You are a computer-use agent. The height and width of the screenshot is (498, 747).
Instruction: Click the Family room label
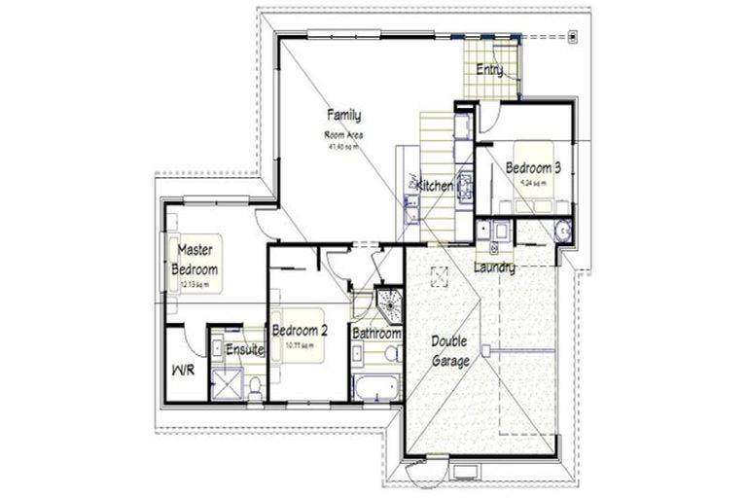coord(343,116)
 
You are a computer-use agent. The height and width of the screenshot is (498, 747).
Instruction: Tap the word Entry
coord(488,69)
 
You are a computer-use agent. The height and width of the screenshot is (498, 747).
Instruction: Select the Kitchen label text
coord(435,185)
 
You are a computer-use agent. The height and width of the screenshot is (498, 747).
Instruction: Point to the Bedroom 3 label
coord(533,167)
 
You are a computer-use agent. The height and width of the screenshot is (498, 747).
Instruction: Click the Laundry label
coord(494,267)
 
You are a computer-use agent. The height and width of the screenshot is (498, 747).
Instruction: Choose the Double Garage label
coord(450,351)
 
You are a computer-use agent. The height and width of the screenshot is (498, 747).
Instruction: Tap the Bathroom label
coord(376,334)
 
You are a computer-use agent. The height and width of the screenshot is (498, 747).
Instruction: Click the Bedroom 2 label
coord(299,329)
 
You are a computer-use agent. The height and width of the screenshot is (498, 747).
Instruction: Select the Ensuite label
coord(245,349)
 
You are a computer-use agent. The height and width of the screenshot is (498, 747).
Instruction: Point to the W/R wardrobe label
coord(183,371)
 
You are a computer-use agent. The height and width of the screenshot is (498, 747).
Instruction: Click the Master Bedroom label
coord(195,260)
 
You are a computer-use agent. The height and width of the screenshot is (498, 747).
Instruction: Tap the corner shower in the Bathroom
coord(390,304)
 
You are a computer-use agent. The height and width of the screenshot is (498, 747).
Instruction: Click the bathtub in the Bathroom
coord(374,386)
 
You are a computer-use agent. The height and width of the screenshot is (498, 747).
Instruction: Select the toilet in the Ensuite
coord(255,386)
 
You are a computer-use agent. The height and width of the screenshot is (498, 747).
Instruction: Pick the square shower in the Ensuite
coord(227,385)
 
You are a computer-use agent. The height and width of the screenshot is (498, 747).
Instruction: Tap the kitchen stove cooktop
coord(464,184)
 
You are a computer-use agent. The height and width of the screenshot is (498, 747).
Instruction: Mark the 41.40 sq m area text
coord(343,147)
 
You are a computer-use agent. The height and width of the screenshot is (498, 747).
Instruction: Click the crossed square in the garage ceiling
coord(439,277)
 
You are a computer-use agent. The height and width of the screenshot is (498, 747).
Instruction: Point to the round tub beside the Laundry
coord(561,231)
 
